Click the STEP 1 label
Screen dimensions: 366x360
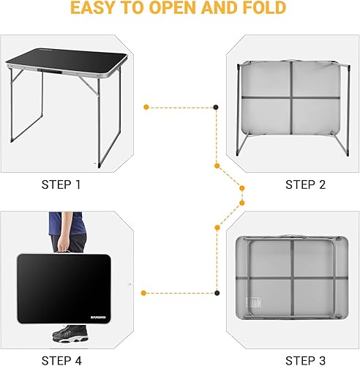(61, 184)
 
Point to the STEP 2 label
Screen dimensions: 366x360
(305, 184)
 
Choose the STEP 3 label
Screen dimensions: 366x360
(305, 359)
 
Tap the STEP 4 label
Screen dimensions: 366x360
(61, 359)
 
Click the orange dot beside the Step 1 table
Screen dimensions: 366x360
(146, 107)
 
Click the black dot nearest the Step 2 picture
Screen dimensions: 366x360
(216, 107)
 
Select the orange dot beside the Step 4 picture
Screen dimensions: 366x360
(146, 293)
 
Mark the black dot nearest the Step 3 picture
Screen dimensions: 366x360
(216, 293)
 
